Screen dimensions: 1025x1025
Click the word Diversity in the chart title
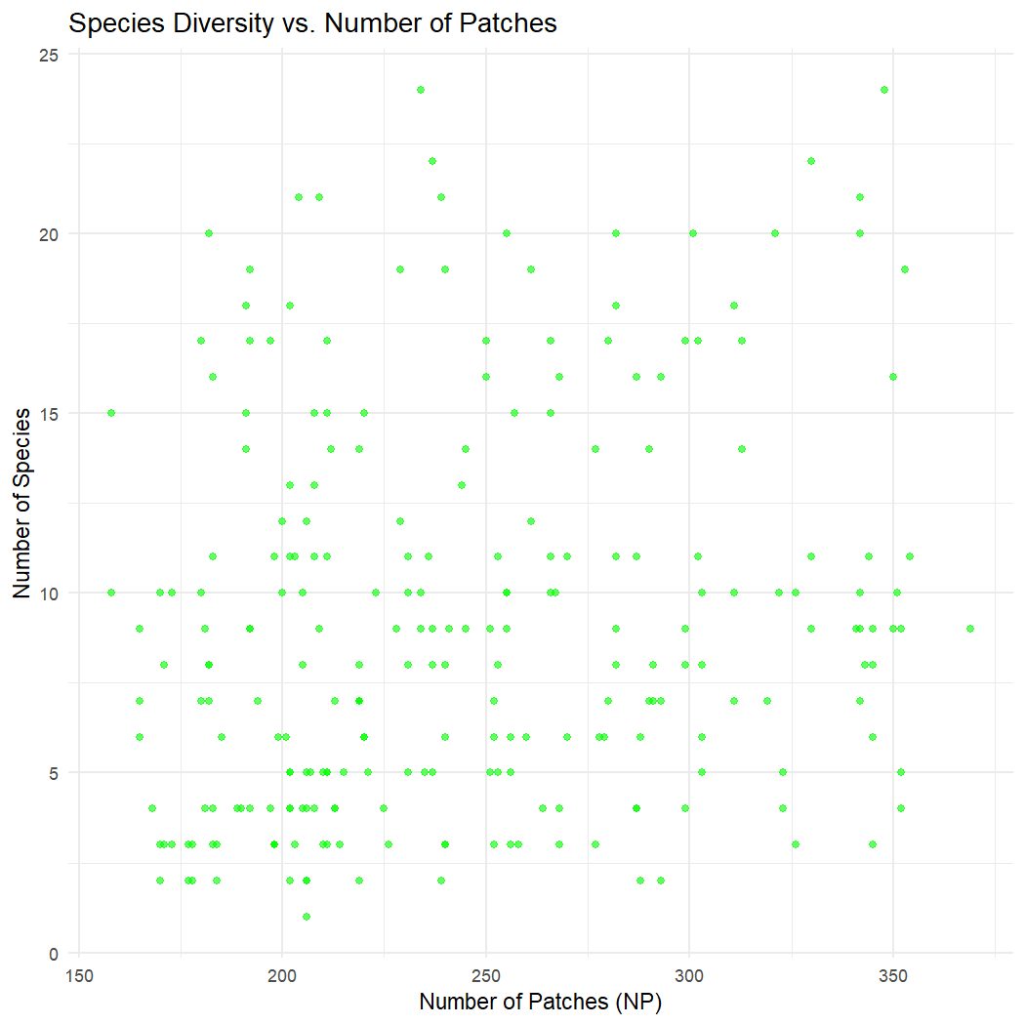[x=217, y=23]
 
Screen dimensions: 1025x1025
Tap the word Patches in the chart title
[x=512, y=23]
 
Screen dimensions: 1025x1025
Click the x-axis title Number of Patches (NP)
[x=540, y=1003]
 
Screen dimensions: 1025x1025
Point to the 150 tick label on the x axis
[x=78, y=976]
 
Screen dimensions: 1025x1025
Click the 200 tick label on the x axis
[x=282, y=976]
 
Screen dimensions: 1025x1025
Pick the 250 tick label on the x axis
[x=486, y=976]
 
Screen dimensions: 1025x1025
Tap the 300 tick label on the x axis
[x=689, y=976]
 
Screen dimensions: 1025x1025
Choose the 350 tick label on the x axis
[x=893, y=976]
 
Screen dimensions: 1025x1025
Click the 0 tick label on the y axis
[x=54, y=953]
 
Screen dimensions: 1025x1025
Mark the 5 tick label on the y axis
[x=54, y=773]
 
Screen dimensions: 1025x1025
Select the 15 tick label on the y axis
[x=49, y=414]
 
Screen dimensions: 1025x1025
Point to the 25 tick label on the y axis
[x=49, y=55]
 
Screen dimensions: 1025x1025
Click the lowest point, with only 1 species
[x=307, y=917]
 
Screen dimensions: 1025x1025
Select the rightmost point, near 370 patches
[x=970, y=629]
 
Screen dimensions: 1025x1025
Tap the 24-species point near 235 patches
[x=421, y=90]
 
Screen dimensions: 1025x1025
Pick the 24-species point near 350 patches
[x=884, y=90]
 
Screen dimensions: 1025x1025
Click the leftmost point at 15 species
[x=111, y=413]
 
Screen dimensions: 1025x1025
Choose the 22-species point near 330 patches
[x=811, y=161]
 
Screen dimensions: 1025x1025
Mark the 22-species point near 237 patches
[x=432, y=161]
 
